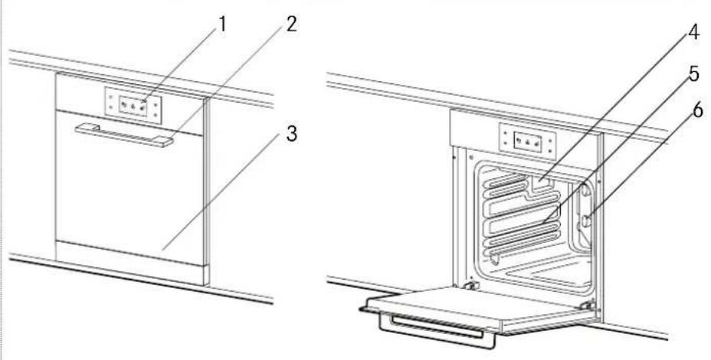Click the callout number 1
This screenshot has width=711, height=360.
coord(222,24)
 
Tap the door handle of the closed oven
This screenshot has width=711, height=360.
coord(123,135)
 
